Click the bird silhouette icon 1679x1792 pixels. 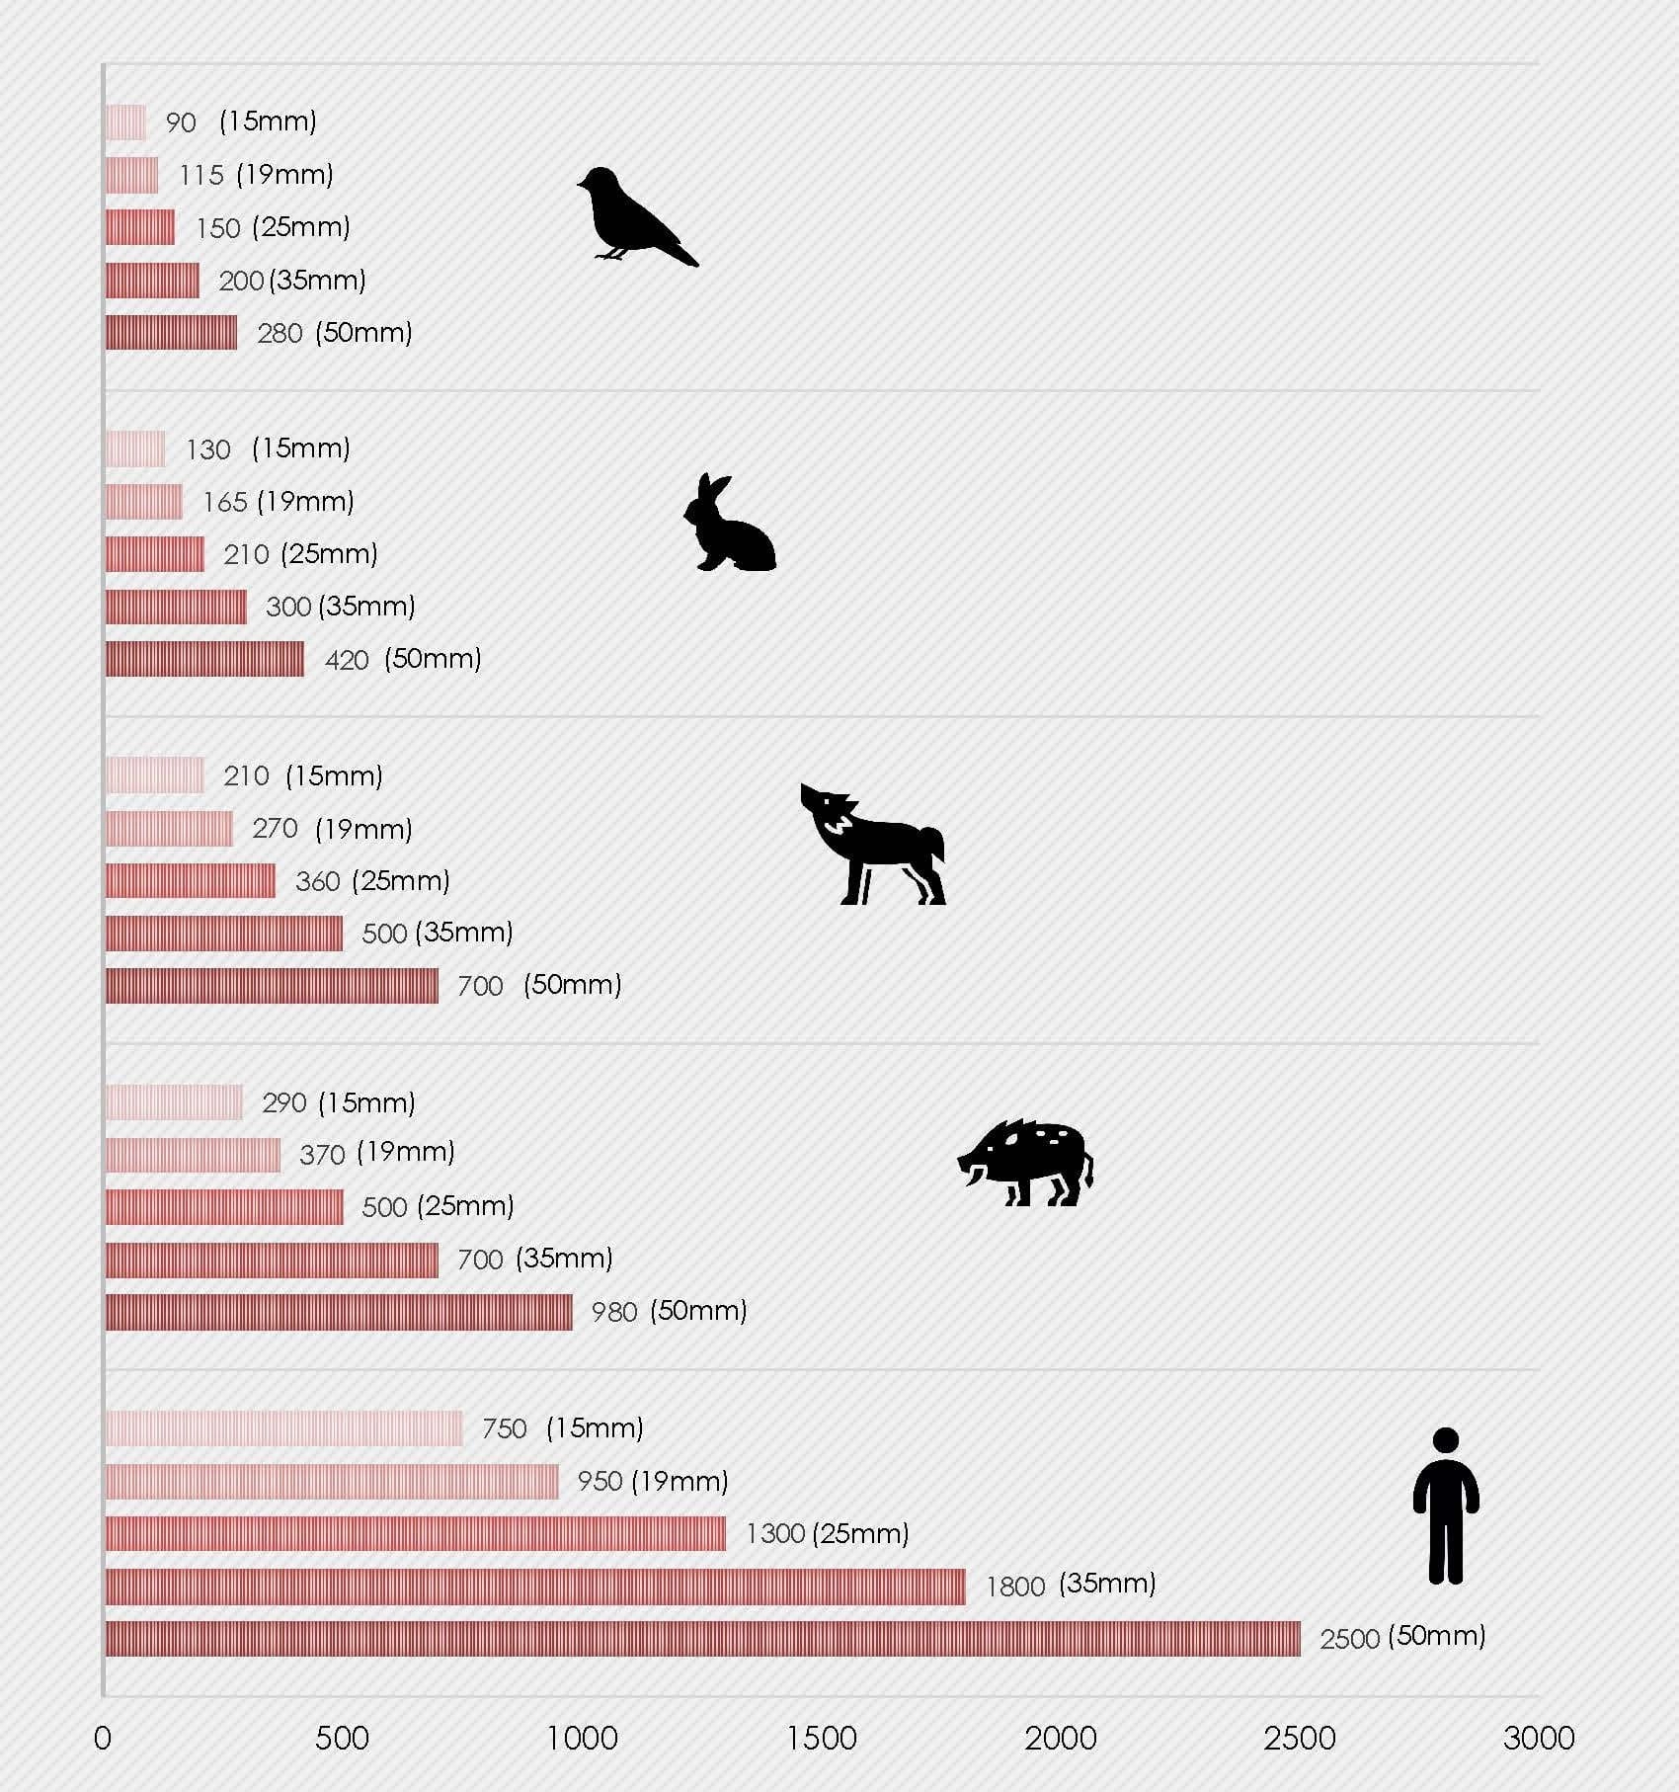[x=632, y=215]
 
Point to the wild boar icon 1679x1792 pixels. [x=1027, y=1162]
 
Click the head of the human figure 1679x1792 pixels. [x=1445, y=1441]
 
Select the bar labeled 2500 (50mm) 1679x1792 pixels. [x=702, y=1638]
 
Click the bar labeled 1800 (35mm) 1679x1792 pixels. [x=534, y=1587]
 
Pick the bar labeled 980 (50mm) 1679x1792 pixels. [x=339, y=1312]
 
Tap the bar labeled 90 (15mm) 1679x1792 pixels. [x=125, y=122]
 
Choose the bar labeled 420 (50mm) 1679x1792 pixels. [x=204, y=659]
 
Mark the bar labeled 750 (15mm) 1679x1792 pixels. [x=283, y=1428]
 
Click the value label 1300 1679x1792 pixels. [x=775, y=1534]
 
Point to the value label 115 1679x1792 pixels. [x=201, y=176]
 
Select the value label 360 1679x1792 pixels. [x=317, y=881]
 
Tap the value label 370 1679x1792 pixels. [x=322, y=1154]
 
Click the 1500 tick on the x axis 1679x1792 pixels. [x=821, y=1738]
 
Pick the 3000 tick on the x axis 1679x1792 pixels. [x=1538, y=1738]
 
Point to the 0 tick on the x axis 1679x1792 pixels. [x=103, y=1738]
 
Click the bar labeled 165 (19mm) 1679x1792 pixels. [x=144, y=502]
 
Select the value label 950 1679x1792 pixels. [x=600, y=1482]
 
